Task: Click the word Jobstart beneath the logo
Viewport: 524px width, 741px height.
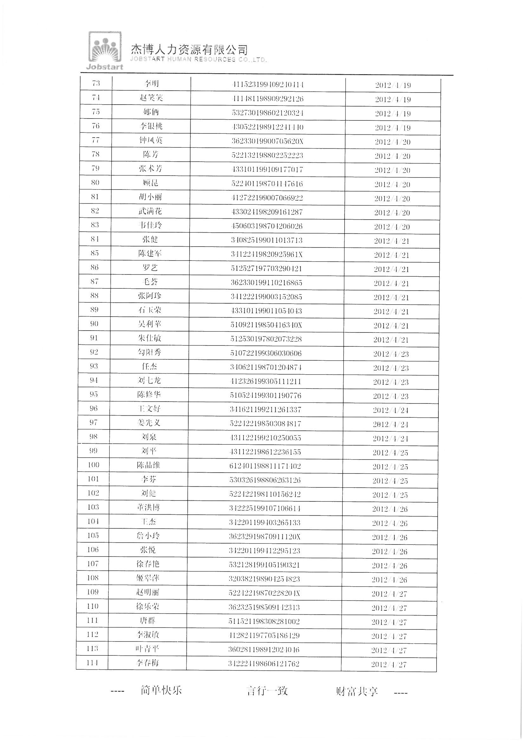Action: pos(105,67)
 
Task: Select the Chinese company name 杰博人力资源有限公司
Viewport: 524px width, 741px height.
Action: pos(189,49)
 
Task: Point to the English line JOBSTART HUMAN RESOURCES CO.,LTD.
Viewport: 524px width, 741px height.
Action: pos(198,59)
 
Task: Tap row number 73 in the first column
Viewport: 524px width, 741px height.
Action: pos(96,83)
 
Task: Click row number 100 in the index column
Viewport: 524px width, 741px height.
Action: pos(93,465)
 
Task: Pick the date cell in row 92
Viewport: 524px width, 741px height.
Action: pos(391,354)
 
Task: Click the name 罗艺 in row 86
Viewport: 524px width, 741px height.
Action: pos(150,268)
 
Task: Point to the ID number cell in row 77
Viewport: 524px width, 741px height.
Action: pos(267,141)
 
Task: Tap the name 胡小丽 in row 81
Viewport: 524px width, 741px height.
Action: pos(150,197)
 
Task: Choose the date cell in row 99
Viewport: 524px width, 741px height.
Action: pos(390,453)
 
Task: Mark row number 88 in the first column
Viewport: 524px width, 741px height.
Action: pos(94,295)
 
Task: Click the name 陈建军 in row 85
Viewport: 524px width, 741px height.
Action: pos(150,254)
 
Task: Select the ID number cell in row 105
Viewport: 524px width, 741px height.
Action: pos(265,536)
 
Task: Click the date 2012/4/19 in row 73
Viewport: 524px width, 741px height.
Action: pos(393,85)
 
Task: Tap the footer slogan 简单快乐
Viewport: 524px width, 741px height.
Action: pos(161,690)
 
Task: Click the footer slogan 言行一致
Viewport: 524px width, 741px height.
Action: pos(267,691)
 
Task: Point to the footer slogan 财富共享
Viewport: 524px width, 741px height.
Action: pos(357,692)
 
